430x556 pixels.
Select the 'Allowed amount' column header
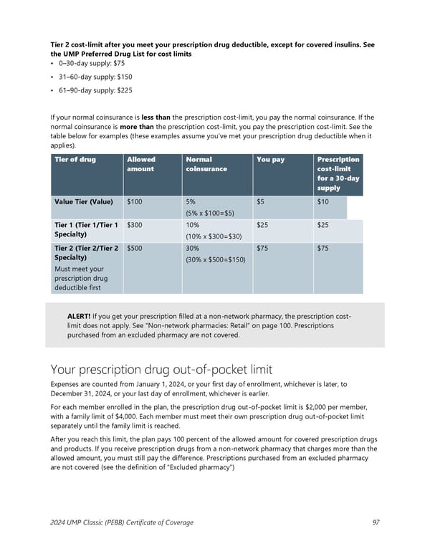tap(141, 164)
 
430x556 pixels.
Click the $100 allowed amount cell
tap(134, 202)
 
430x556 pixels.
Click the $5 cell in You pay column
tap(262, 202)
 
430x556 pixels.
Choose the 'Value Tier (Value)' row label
tap(83, 202)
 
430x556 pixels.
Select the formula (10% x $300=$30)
tap(214, 236)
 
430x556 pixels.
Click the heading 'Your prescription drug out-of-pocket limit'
tap(161, 370)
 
